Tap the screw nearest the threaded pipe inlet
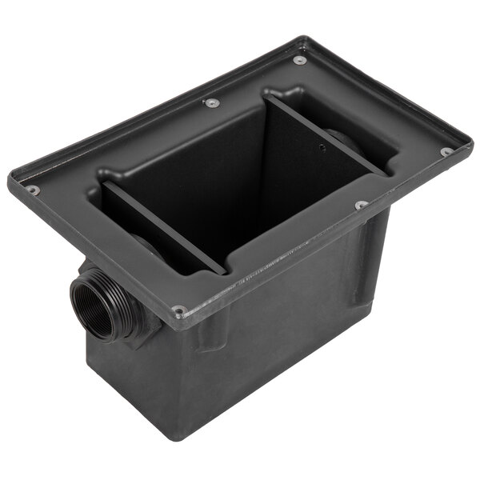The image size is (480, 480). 179,310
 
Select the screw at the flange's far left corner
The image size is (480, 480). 33,190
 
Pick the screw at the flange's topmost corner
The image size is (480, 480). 299,60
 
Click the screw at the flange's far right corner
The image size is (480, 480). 446,151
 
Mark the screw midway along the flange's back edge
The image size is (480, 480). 211,102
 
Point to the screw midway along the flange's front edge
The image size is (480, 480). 361,205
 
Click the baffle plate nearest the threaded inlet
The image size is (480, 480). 164,227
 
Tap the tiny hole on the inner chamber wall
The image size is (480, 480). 321,148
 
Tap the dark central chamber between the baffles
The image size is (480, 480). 240,184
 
